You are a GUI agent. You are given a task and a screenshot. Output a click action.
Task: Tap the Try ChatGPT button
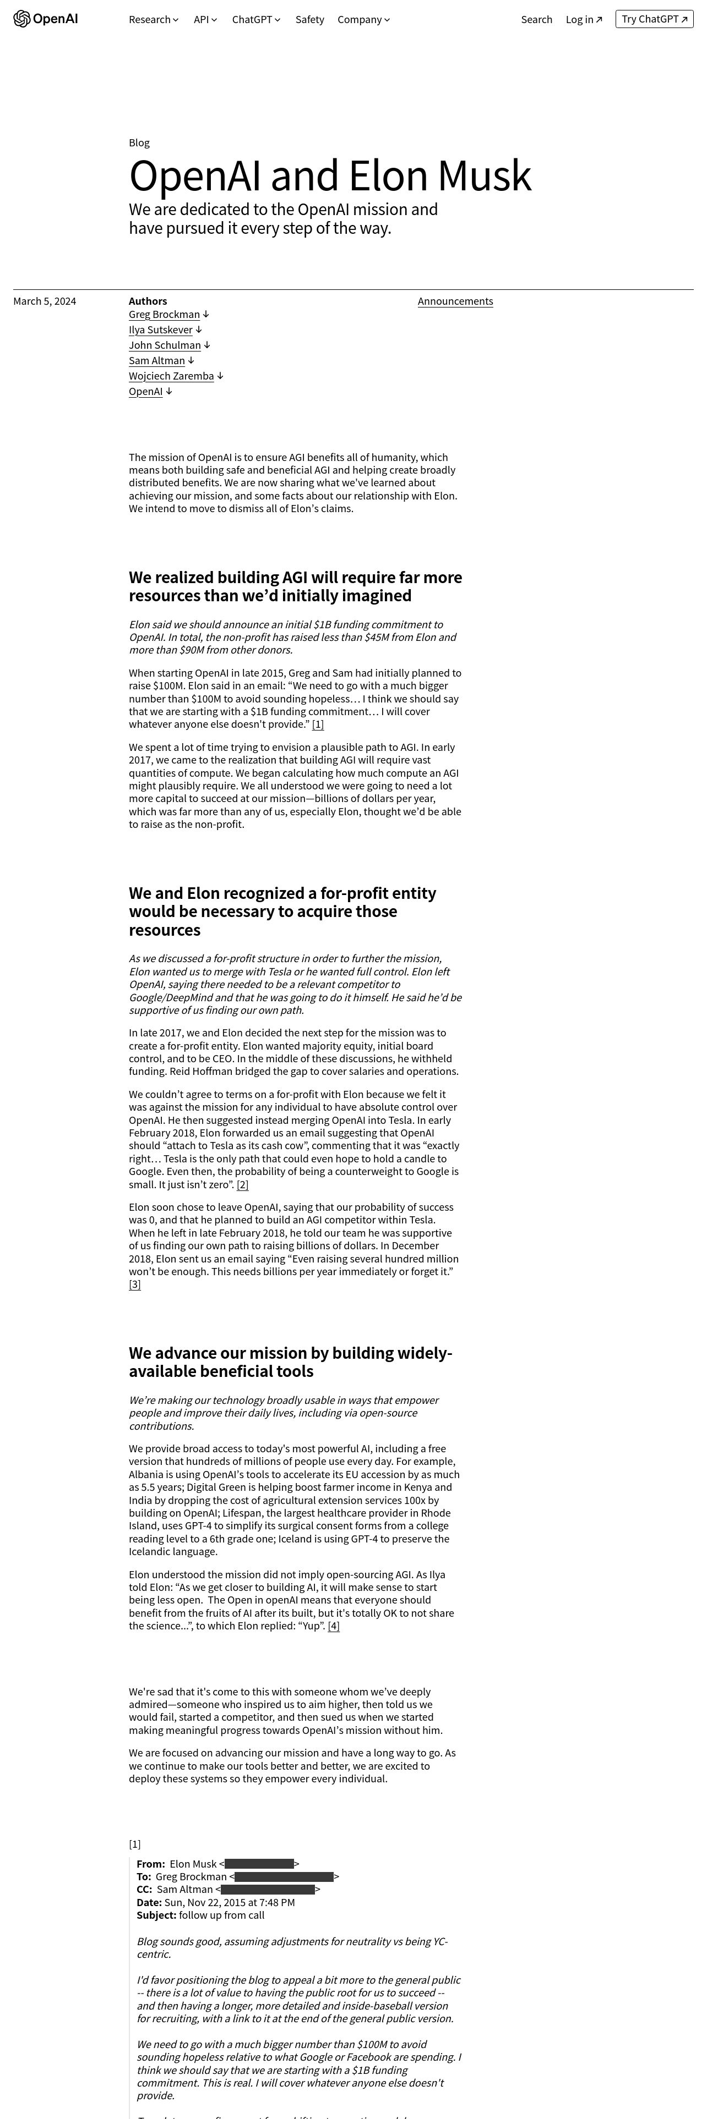(x=654, y=19)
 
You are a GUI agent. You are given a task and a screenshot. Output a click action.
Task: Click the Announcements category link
(x=455, y=301)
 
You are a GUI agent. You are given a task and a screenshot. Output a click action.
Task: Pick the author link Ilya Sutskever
(x=160, y=330)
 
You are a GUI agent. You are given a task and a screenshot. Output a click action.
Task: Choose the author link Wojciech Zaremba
(x=171, y=376)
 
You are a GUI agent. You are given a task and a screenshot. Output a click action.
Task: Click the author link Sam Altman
(x=156, y=360)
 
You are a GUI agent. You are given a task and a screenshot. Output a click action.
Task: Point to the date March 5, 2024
(x=45, y=301)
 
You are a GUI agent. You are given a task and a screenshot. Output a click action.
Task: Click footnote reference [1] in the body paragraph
(x=318, y=724)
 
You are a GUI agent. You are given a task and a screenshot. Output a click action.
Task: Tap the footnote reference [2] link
(x=242, y=1184)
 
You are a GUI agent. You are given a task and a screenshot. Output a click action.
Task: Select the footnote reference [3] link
(x=135, y=1285)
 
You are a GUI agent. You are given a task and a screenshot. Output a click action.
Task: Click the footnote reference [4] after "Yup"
(x=333, y=1626)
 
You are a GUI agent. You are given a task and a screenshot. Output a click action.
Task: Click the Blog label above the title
(x=139, y=143)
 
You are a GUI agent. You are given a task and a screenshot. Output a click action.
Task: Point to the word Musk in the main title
(x=484, y=176)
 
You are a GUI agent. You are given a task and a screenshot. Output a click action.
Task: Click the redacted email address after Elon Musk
(x=259, y=1864)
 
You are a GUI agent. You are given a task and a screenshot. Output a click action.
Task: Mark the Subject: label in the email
(x=156, y=1915)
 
